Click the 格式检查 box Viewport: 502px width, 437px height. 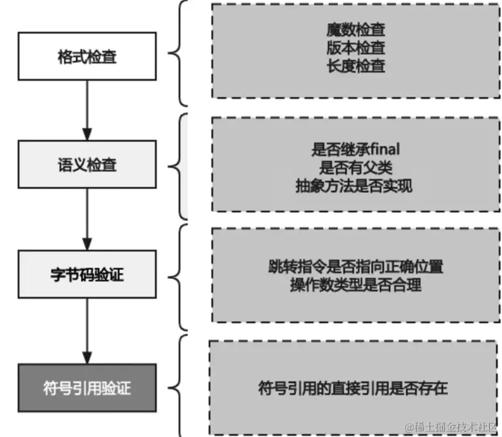click(86, 58)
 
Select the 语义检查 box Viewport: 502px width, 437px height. click(86, 164)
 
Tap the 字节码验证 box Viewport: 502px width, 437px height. click(86, 274)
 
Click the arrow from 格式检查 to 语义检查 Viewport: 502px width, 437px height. click(86, 110)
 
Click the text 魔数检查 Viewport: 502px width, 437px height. click(356, 29)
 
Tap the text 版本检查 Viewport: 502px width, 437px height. click(356, 47)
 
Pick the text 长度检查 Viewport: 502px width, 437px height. click(356, 65)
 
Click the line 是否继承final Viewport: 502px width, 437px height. click(356, 148)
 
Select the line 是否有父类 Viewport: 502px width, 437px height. click(356, 167)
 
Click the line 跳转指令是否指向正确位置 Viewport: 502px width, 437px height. click(355, 266)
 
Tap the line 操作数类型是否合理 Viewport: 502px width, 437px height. click(355, 284)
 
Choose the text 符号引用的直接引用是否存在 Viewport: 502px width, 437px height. click(353, 388)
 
